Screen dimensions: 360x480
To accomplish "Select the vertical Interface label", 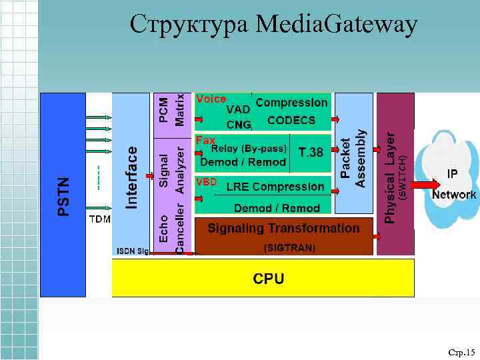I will coord(132,177).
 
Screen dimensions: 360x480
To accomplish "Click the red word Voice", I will coord(211,99).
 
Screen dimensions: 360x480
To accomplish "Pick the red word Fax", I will coord(205,141).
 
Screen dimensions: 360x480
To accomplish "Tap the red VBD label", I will coord(206,181).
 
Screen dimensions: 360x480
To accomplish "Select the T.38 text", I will coord(311,153).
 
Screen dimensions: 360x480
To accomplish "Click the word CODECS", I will coord(291,121).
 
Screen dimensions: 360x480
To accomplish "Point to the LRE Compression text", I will coord(275,187).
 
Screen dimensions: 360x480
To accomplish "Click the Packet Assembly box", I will coord(353,159).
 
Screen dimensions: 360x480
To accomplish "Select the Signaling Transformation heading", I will coord(283,228).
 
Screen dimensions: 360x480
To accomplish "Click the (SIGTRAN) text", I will coord(289,247).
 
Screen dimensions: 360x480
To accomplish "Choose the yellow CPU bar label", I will coord(268,278).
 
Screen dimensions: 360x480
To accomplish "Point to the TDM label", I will coord(99,219).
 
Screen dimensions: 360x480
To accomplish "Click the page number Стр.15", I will coord(461,352).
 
